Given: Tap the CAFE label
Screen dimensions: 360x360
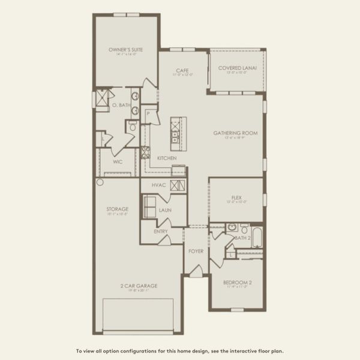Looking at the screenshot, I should [183, 70].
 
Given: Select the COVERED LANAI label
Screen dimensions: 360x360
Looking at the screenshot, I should [237, 68].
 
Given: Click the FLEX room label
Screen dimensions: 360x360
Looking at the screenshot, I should [236, 198].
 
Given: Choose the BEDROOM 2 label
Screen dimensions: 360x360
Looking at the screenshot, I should [237, 282].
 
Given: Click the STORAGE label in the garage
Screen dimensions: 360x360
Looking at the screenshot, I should [118, 209].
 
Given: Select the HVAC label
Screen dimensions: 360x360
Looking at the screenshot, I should [158, 185].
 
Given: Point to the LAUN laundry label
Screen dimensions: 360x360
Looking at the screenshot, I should [165, 211].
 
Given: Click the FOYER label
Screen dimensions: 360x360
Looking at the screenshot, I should [196, 251].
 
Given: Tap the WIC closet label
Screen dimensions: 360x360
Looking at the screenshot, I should [118, 161].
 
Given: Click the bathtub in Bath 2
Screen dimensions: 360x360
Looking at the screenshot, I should [256, 237].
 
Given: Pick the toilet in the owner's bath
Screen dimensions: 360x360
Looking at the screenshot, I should [132, 126].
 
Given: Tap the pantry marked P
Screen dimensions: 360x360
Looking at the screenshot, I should [147, 113].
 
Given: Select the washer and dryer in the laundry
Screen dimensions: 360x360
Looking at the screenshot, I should [148, 207].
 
